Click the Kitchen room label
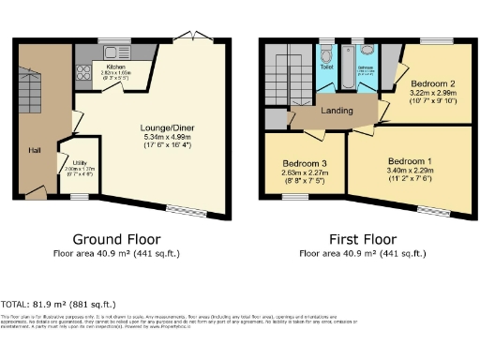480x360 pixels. [x=115, y=67]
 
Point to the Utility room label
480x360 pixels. [x=81, y=162]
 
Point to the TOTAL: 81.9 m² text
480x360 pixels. [x=58, y=305]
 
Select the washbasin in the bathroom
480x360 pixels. [x=367, y=52]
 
